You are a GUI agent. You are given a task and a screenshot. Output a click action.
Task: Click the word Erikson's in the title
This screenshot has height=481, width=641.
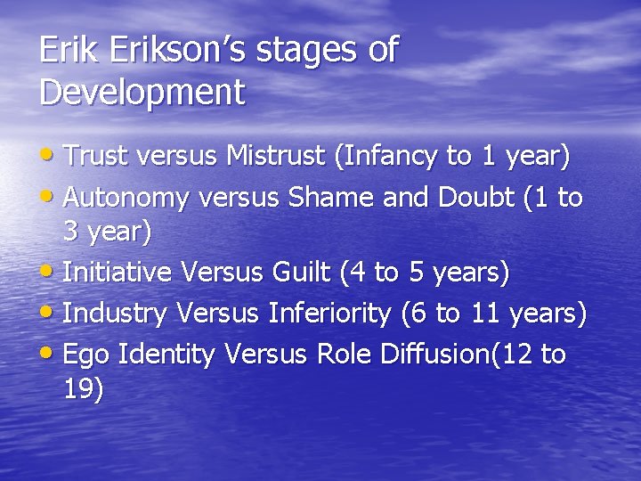point(178,51)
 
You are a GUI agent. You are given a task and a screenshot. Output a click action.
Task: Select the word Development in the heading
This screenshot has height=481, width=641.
point(142,92)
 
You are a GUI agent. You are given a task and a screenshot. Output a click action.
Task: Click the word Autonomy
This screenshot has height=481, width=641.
point(125,197)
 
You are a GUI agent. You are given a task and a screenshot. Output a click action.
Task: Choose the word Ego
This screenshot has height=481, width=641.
point(87,354)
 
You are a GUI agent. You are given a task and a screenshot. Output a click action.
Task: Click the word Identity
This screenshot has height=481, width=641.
point(166,354)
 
